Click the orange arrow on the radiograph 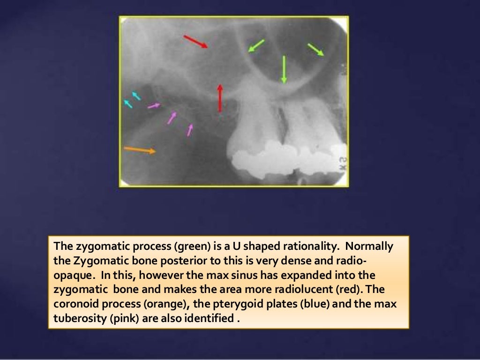pos(140,150)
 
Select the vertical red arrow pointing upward pos(219,98)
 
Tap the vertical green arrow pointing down pos(284,69)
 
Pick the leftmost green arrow pos(256,45)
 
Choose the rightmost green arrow pos(316,49)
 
